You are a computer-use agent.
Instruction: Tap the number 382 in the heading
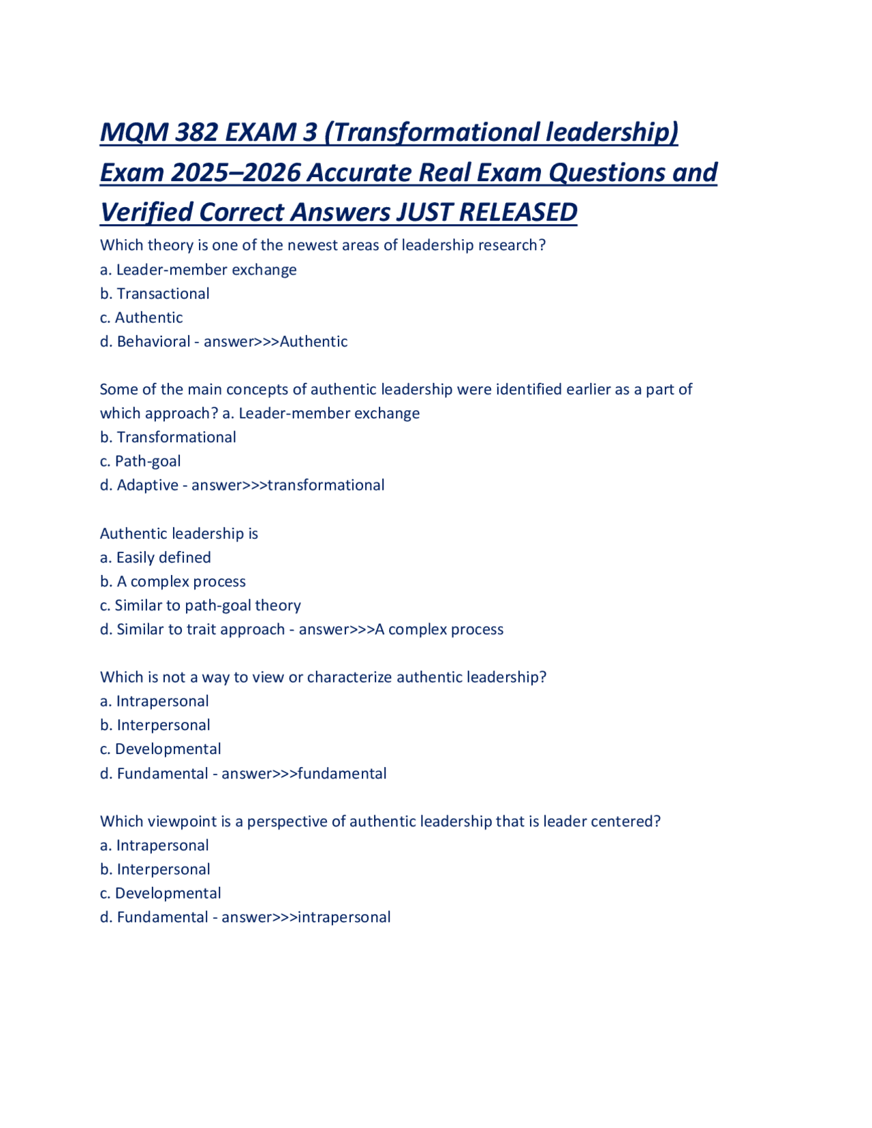coord(196,132)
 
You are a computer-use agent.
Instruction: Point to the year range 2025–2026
coord(236,173)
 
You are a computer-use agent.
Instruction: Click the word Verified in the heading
coord(146,213)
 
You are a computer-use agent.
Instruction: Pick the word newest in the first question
coord(316,245)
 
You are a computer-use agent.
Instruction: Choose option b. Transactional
coord(155,294)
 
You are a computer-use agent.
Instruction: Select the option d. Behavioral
coord(145,341)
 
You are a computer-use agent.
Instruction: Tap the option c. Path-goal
coord(140,461)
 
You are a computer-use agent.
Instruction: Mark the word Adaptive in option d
coord(147,485)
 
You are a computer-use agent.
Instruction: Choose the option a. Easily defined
coord(155,557)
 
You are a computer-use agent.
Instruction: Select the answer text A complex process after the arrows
coord(439,629)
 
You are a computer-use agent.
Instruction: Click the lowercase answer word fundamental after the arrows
coord(342,774)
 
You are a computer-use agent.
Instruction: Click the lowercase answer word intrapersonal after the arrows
coord(344,918)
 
